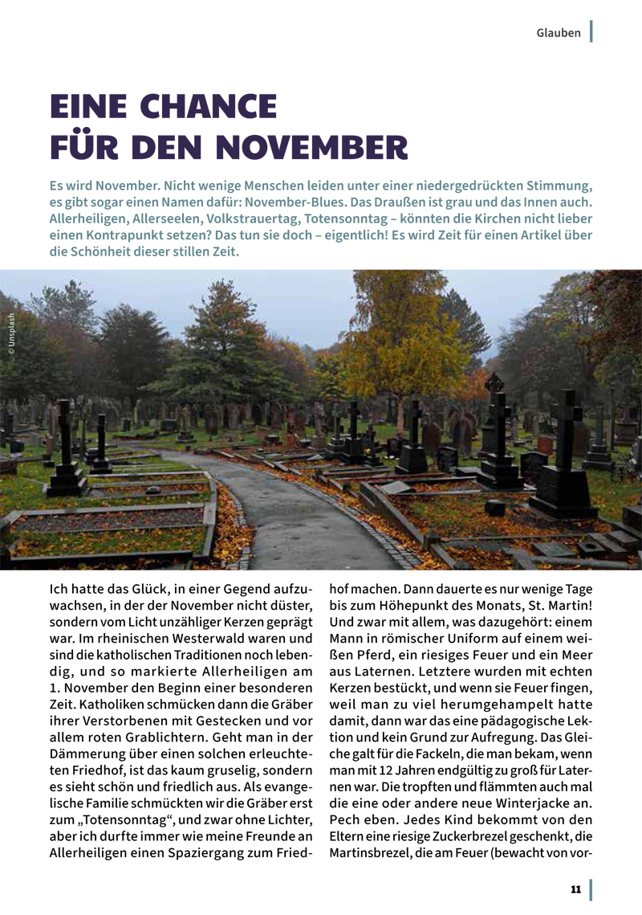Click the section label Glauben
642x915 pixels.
point(559,33)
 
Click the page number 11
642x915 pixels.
point(575,888)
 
